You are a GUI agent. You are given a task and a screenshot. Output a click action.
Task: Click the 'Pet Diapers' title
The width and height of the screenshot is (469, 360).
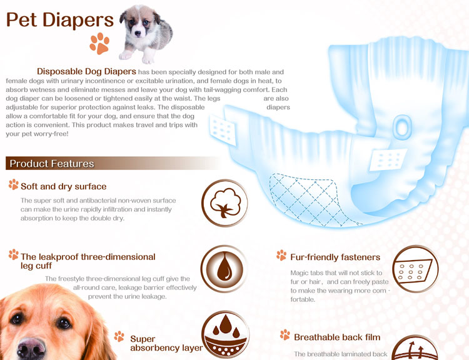click(x=60, y=21)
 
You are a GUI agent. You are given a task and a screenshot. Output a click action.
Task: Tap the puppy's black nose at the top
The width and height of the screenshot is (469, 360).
click(x=138, y=33)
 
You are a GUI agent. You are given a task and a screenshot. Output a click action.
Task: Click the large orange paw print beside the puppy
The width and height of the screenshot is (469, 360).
click(x=99, y=44)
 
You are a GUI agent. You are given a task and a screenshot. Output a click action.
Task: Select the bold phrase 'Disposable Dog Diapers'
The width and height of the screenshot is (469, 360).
click(x=86, y=71)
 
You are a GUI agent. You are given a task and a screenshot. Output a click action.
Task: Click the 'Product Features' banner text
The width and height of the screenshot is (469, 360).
click(x=52, y=164)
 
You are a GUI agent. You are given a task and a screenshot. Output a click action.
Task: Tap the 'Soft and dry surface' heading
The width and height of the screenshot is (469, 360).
click(x=63, y=187)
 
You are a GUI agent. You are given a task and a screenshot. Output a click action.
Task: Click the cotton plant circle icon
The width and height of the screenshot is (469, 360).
click(x=224, y=203)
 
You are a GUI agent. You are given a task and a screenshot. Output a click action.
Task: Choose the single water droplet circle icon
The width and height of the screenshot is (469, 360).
click(x=224, y=269)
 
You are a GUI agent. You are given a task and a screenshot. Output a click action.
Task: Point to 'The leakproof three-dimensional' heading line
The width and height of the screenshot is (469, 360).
click(x=88, y=257)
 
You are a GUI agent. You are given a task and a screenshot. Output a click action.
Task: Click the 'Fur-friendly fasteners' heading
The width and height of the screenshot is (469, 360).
click(x=335, y=257)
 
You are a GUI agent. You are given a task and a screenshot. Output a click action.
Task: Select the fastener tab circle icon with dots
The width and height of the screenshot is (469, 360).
click(x=415, y=269)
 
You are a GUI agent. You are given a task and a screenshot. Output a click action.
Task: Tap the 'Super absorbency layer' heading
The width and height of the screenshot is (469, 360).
click(x=166, y=343)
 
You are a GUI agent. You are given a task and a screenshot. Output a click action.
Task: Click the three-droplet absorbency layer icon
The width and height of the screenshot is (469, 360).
click(x=225, y=334)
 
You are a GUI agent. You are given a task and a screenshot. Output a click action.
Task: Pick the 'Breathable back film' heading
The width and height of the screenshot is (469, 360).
click(x=337, y=337)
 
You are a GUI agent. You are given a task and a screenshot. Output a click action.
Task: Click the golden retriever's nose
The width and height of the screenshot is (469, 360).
click(x=31, y=348)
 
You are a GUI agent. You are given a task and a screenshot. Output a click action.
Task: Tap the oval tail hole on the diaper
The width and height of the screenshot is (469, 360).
click(x=402, y=127)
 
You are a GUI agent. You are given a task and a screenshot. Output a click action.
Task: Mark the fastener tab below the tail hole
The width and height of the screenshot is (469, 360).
click(x=388, y=159)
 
